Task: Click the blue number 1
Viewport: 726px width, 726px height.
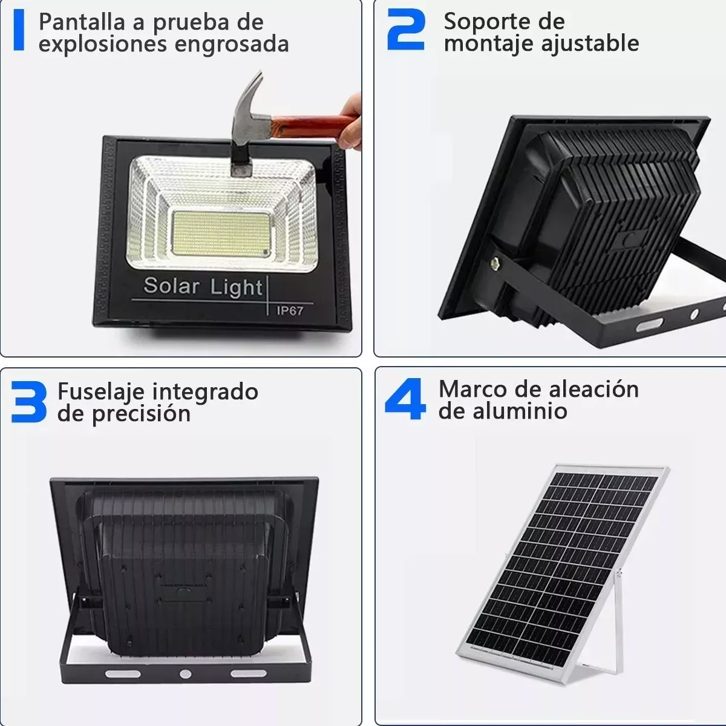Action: click(19, 30)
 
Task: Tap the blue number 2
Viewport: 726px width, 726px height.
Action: click(405, 28)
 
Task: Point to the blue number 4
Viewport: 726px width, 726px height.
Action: click(405, 399)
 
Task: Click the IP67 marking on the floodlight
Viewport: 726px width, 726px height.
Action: click(290, 311)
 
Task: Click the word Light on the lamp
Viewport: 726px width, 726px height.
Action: click(237, 287)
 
